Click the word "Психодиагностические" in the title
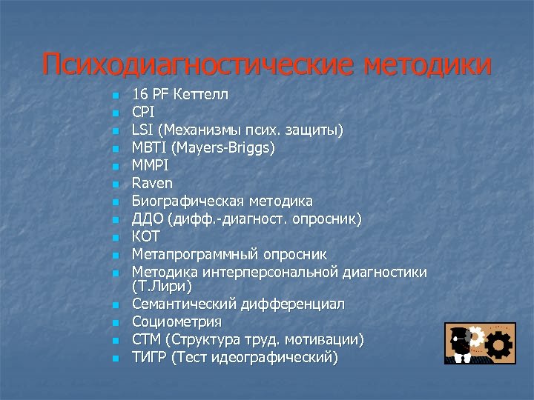pyautogui.click(x=198, y=64)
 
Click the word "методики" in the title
pyautogui.click(x=428, y=64)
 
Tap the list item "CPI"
pyautogui.click(x=142, y=113)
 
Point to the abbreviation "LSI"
pyautogui.click(x=142, y=130)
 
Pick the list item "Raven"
pyautogui.click(x=152, y=183)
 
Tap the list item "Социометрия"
pyautogui.click(x=177, y=322)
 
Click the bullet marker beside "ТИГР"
pyautogui.click(x=114, y=359)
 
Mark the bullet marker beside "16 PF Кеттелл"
pyautogui.click(x=114, y=96)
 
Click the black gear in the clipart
pyautogui.click(x=501, y=344)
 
